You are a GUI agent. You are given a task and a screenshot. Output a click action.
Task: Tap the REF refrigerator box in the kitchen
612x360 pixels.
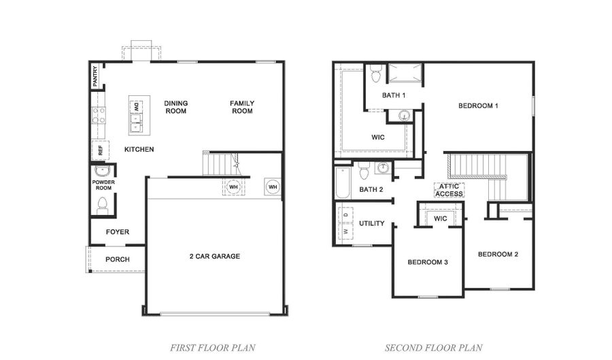tap(100, 149)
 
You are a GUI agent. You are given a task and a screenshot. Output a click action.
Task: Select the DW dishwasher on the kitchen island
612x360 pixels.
tap(136, 106)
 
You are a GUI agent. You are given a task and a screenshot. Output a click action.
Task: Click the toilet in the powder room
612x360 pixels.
tap(103, 203)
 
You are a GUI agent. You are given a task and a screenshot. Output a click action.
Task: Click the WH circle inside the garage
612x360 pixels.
tap(233, 186)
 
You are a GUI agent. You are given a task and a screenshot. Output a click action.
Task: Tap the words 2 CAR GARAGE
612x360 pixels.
tap(214, 257)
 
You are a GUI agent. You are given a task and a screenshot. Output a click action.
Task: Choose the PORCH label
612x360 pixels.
tap(118, 259)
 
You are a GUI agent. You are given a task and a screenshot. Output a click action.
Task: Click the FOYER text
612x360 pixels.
tap(118, 232)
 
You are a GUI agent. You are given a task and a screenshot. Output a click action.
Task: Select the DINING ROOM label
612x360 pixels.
tap(176, 107)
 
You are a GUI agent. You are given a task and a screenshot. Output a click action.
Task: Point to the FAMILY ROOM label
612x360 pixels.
tap(241, 107)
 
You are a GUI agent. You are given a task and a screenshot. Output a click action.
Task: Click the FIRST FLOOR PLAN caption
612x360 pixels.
tap(212, 348)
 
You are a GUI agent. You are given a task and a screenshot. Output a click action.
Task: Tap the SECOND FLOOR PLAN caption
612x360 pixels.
tap(434, 348)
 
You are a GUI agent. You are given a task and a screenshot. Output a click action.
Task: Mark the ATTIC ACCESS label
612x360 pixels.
tap(449, 190)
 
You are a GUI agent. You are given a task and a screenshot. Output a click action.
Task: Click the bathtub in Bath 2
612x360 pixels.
tap(342, 183)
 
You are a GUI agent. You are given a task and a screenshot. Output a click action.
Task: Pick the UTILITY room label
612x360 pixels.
tap(372, 223)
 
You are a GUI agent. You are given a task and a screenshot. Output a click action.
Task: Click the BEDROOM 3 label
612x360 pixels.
tap(428, 262)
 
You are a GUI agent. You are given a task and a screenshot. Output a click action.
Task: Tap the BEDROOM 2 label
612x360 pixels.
tap(498, 255)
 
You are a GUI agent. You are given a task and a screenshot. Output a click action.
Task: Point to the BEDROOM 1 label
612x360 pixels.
tap(479, 105)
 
